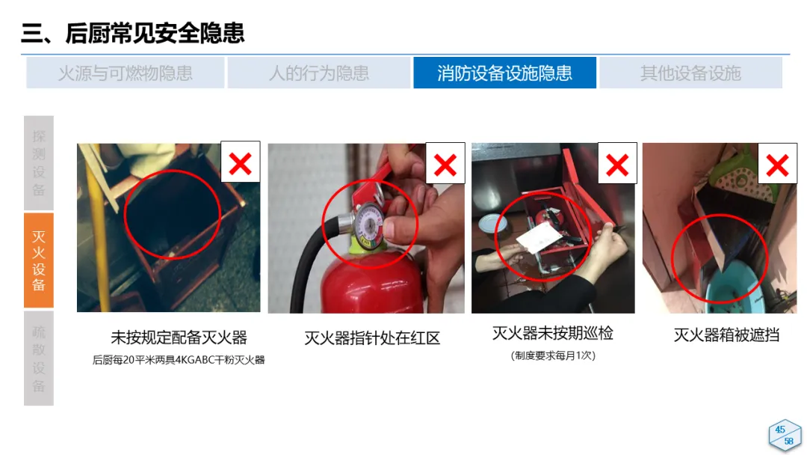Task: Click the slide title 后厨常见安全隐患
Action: (x=155, y=34)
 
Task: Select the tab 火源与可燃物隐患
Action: (x=125, y=73)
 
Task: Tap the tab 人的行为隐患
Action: (x=318, y=73)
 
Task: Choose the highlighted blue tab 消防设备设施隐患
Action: (x=504, y=73)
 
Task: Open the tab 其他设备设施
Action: (x=690, y=73)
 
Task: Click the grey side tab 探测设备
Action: (x=39, y=162)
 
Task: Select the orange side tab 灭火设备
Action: (x=39, y=260)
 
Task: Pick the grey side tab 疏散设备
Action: (x=39, y=358)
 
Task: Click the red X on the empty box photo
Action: (x=241, y=164)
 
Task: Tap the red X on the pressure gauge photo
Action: (x=445, y=165)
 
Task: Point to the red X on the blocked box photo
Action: (x=777, y=165)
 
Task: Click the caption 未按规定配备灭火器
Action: (x=179, y=338)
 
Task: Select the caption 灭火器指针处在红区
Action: (x=372, y=338)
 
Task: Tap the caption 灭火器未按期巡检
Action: (x=553, y=333)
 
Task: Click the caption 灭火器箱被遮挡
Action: (x=726, y=335)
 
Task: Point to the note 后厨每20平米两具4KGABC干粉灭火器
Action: (x=179, y=360)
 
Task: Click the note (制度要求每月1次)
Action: (x=553, y=355)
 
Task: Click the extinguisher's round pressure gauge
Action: (x=368, y=222)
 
